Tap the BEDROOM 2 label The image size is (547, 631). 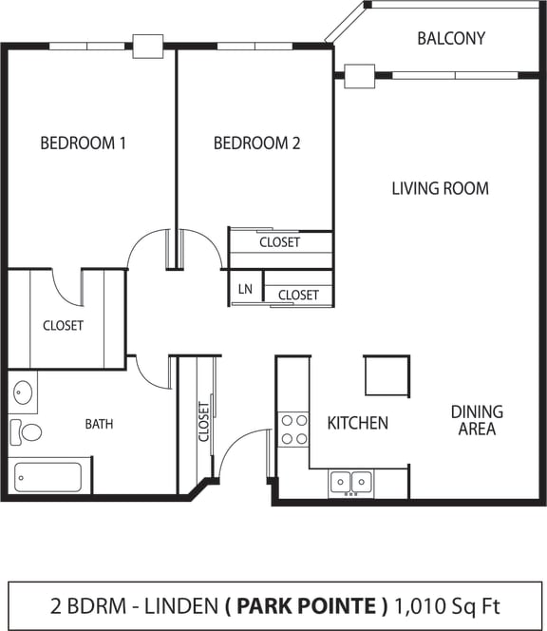point(256,143)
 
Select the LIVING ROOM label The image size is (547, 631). point(440,188)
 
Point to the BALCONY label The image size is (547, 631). point(451,39)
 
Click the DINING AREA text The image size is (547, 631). point(477,420)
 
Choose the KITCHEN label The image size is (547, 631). point(357,422)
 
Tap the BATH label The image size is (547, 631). point(99,424)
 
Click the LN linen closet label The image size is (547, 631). point(245,289)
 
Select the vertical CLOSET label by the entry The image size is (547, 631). point(203,423)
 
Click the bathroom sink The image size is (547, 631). point(24,392)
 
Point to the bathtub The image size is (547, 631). point(49,475)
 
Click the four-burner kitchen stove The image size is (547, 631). point(293,430)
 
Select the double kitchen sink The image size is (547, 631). point(350,483)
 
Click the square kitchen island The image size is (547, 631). point(387,375)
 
